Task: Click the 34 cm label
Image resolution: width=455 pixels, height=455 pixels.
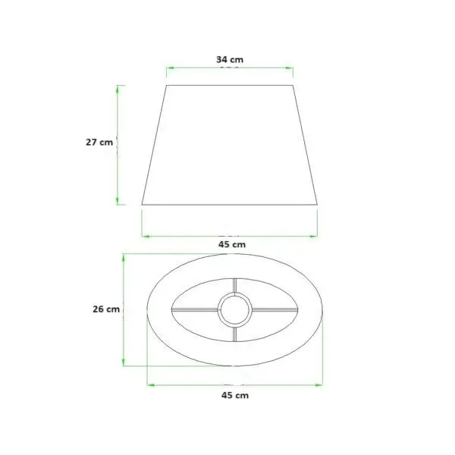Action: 230,59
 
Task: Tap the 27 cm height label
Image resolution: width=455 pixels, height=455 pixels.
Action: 99,143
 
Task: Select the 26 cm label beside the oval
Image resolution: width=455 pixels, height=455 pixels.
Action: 106,309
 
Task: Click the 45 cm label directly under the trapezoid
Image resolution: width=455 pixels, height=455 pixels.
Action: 232,244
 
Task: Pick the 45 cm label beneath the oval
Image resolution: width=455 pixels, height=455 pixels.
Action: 235,395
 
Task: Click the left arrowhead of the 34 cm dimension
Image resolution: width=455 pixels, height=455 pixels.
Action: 170,68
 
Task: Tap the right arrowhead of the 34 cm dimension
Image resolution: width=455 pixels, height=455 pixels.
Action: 289,68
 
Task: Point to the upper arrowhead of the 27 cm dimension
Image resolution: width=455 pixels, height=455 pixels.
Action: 118,89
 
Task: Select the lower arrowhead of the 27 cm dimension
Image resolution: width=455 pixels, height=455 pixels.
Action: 118,201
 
